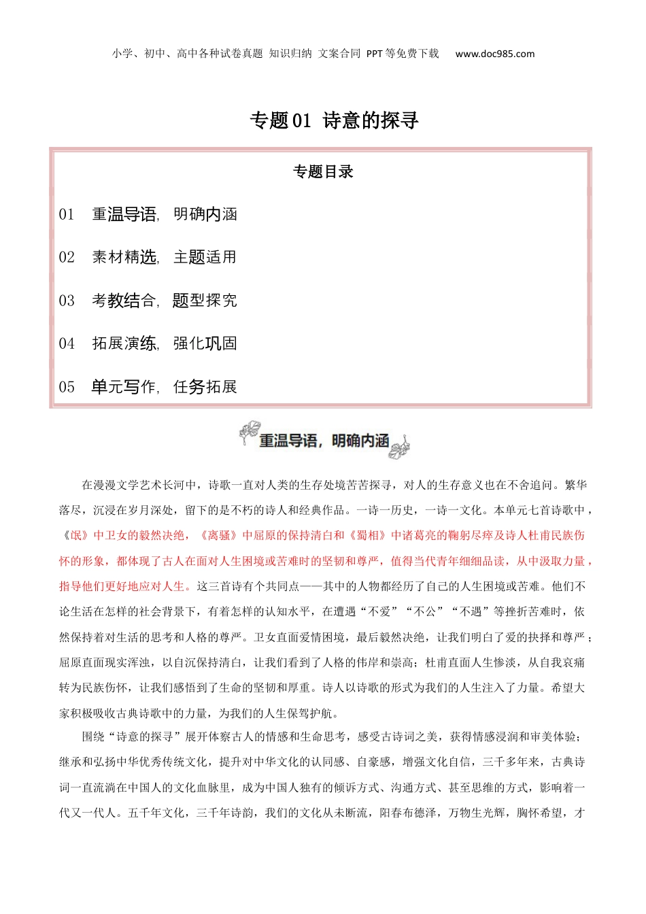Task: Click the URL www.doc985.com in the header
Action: [x=494, y=54]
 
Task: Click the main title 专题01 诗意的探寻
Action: [x=334, y=120]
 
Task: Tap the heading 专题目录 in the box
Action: [x=323, y=172]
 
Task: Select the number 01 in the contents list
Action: [x=67, y=215]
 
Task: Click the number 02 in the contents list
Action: [x=67, y=258]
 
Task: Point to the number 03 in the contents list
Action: [x=67, y=301]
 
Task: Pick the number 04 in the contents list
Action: [x=67, y=344]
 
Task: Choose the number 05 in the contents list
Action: [x=67, y=388]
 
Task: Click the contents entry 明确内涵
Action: [x=205, y=215]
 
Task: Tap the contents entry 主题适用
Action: [x=205, y=258]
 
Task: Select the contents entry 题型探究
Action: [x=205, y=301]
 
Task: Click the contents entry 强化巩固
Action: [x=205, y=344]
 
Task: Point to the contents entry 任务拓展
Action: [x=205, y=388]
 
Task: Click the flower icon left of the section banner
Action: [x=250, y=433]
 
